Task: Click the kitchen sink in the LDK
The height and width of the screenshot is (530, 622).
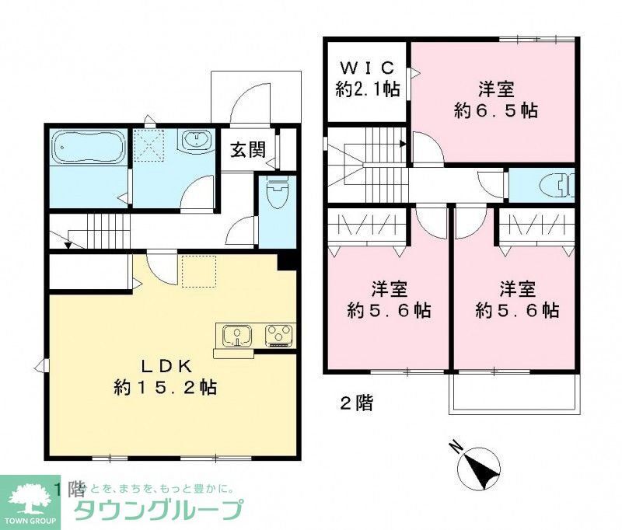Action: click(x=235, y=336)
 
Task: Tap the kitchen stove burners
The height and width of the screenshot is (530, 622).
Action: click(x=278, y=336)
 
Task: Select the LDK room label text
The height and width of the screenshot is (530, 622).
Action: click(x=163, y=366)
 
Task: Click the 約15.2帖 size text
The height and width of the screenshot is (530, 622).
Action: click(x=162, y=386)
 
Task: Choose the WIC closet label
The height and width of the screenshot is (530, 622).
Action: click(x=367, y=68)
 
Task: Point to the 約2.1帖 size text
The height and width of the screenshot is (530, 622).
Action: click(x=367, y=89)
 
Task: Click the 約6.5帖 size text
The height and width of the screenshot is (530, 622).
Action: click(x=495, y=110)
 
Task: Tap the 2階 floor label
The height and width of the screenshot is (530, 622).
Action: click(x=356, y=403)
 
